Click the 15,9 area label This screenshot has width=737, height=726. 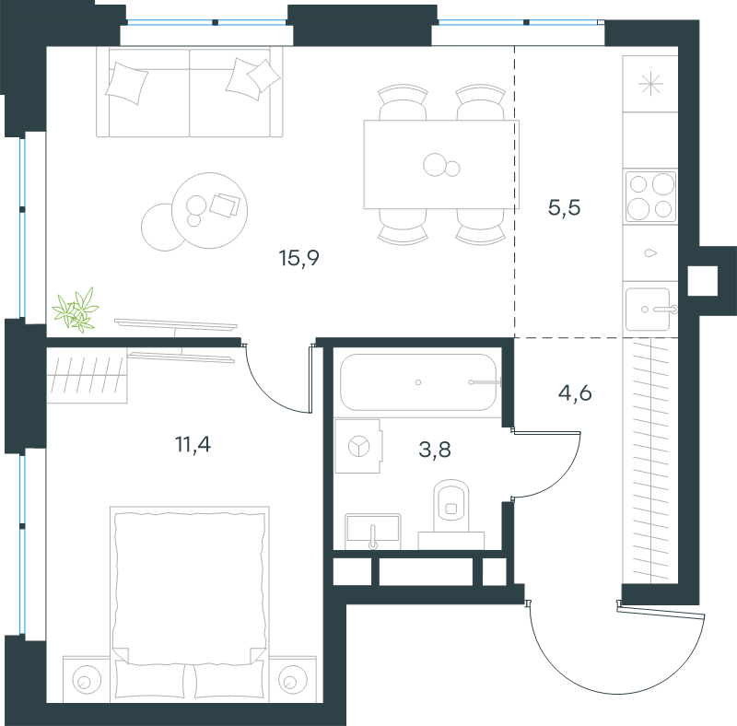coord(298,258)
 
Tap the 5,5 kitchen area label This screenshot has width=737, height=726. coord(564,207)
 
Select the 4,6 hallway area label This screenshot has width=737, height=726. coord(574,392)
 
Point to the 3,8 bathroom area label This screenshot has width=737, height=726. coord(435,450)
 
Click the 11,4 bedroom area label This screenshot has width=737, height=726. coord(193,444)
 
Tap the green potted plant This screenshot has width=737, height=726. coord(76,310)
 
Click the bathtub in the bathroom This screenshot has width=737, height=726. coord(418,382)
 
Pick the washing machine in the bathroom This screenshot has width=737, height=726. coord(357,446)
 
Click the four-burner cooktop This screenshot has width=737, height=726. coord(650,196)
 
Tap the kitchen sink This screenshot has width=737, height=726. coord(649,310)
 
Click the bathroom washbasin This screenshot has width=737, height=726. coord(373,532)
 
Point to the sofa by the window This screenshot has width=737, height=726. coord(190,92)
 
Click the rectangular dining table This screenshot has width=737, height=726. coord(441,164)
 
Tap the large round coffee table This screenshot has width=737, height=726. coord(210,210)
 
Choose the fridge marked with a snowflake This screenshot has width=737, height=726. coord(650,84)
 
